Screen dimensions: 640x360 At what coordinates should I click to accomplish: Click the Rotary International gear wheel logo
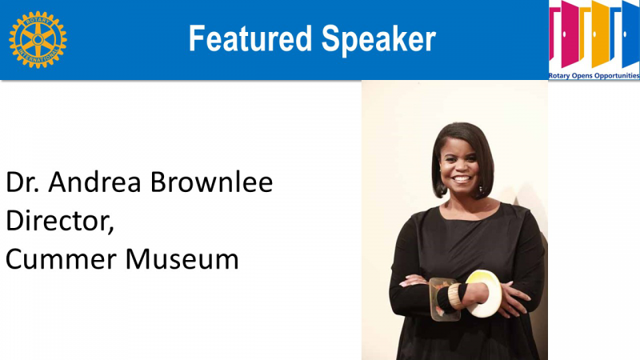click(x=38, y=39)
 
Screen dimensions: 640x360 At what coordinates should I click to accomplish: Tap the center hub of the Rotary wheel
click(x=38, y=39)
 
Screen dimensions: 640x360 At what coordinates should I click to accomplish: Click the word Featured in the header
click(x=250, y=38)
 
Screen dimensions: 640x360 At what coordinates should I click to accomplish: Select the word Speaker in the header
click(x=378, y=39)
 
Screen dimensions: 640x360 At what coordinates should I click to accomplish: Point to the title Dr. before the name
click(x=22, y=182)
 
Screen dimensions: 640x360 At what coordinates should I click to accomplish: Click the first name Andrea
click(x=95, y=182)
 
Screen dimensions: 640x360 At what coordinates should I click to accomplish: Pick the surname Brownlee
click(x=212, y=182)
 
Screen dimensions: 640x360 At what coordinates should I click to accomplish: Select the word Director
click(x=59, y=221)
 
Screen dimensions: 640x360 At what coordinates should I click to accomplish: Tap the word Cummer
click(x=61, y=259)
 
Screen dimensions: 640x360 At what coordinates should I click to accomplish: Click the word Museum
click(x=182, y=259)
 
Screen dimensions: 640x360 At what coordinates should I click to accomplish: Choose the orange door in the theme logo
click(x=602, y=34)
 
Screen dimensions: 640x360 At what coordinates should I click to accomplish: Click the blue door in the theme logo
click(x=630, y=34)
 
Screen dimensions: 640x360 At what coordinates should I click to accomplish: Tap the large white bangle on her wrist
click(x=484, y=294)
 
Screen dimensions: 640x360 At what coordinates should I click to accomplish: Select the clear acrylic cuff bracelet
click(x=443, y=299)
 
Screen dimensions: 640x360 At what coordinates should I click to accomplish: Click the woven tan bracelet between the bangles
click(x=454, y=296)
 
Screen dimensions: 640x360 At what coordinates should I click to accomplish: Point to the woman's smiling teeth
click(x=462, y=178)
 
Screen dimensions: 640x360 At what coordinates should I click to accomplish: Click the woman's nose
click(x=461, y=166)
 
